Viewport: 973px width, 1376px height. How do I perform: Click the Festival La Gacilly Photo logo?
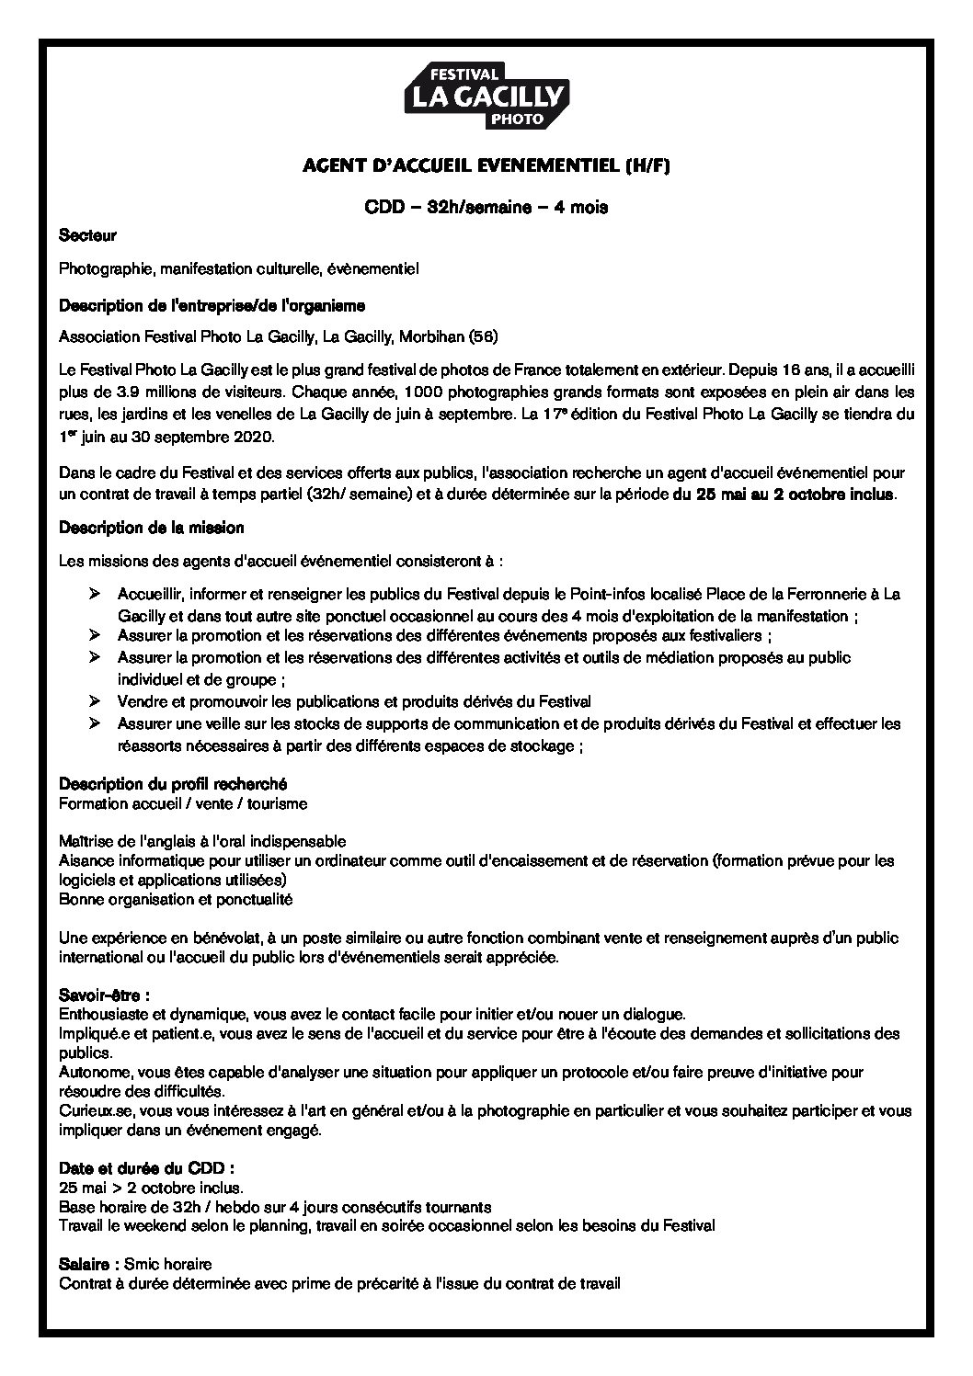[486, 95]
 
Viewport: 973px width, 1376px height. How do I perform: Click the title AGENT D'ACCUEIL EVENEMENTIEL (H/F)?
[486, 166]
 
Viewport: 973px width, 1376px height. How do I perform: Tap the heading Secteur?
[87, 236]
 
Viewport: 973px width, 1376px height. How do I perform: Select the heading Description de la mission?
[152, 528]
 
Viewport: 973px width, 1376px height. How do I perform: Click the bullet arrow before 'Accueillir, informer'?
[94, 595]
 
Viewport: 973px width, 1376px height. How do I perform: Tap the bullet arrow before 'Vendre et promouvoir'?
[94, 701]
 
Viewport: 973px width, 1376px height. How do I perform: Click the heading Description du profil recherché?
[173, 784]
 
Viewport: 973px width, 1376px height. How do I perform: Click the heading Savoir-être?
[104, 995]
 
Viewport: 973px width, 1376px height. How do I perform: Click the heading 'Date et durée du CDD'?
[146, 1168]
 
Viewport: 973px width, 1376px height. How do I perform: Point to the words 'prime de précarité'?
[362, 1283]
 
